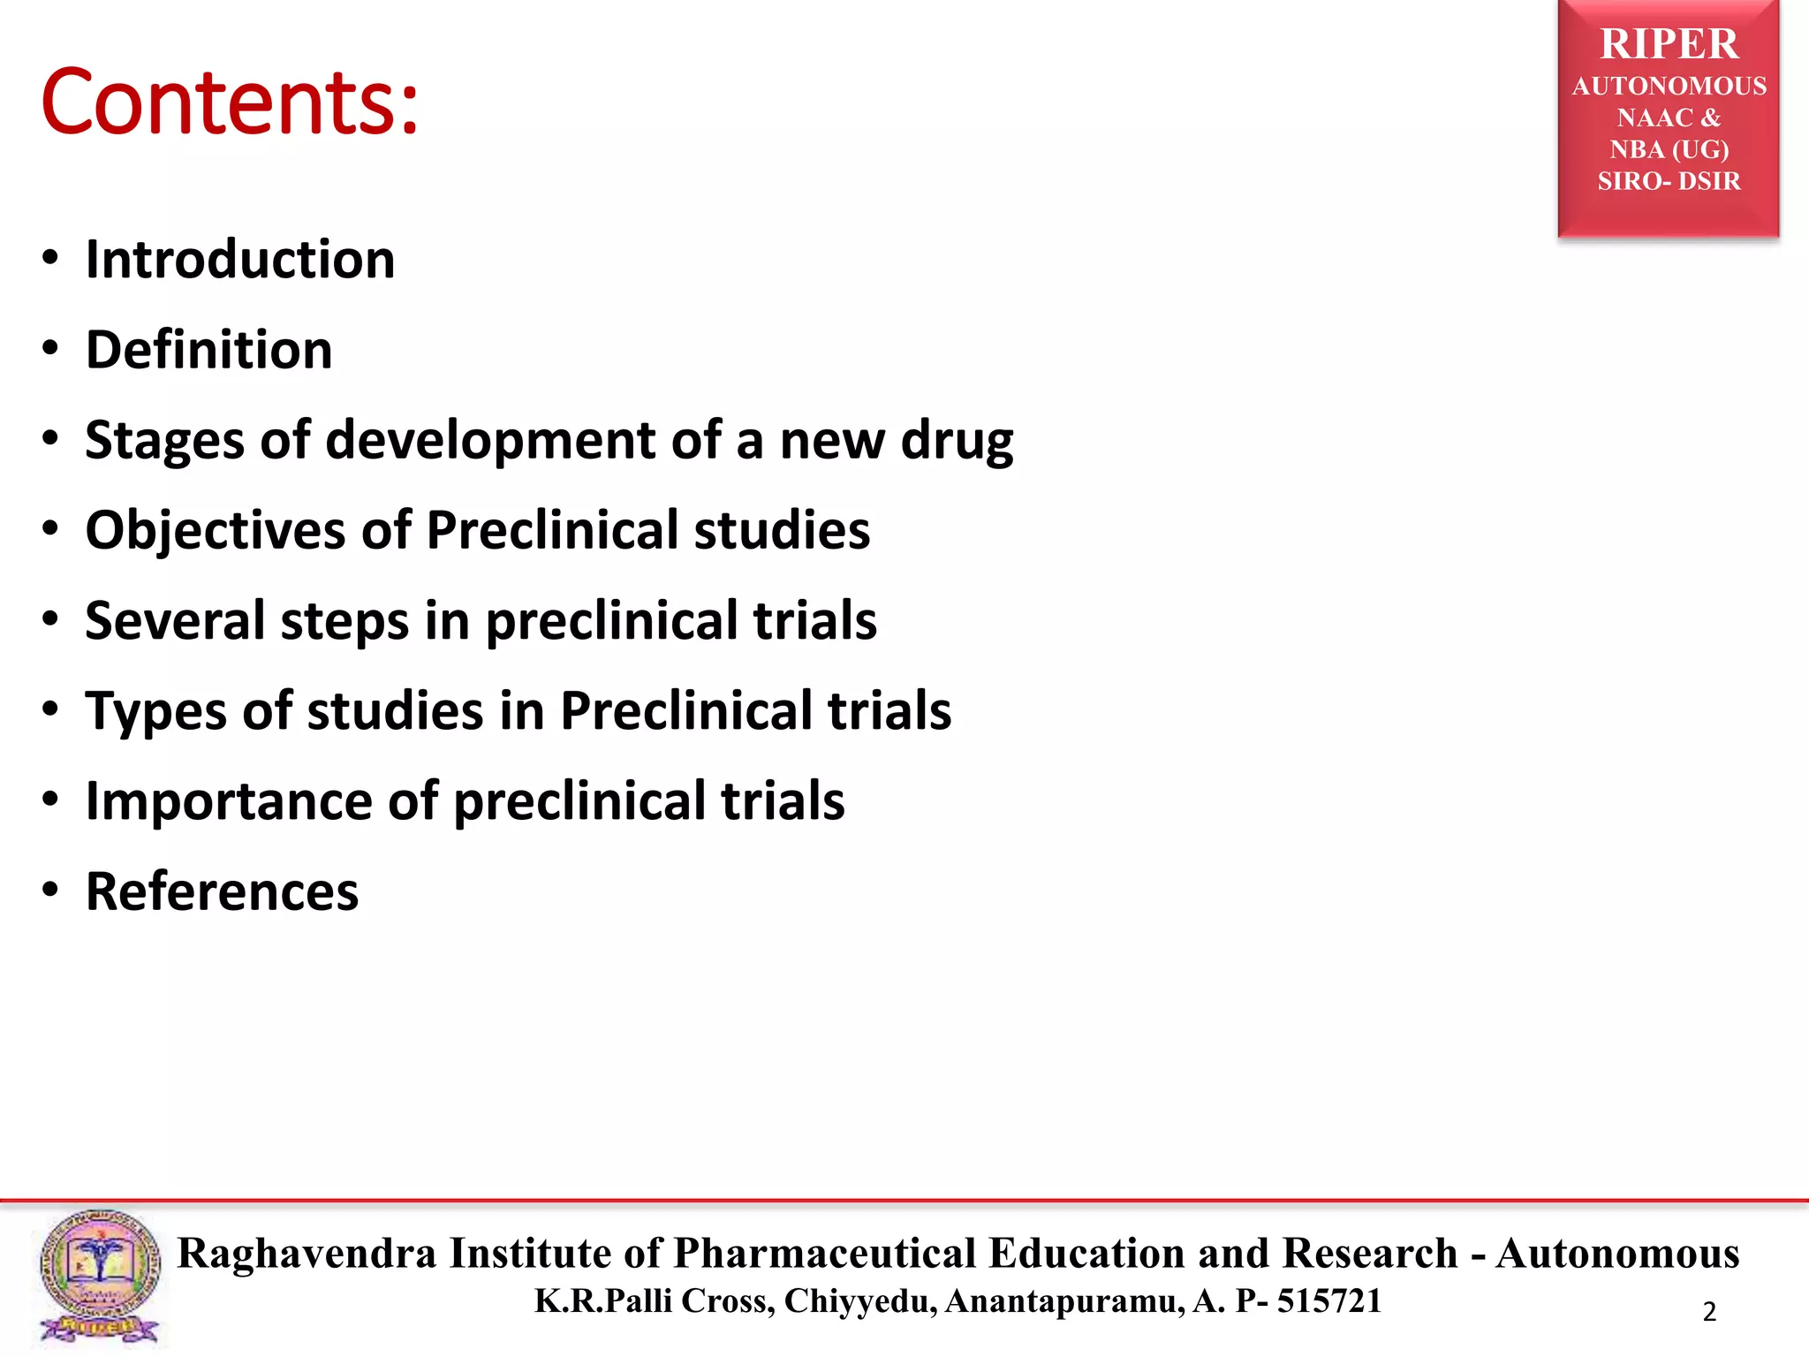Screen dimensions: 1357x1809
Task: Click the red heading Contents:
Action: click(230, 102)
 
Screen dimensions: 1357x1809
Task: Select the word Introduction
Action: click(239, 260)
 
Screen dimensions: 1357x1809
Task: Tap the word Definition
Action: click(208, 350)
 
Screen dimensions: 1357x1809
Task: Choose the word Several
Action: click(175, 620)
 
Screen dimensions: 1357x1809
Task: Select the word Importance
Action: click(228, 801)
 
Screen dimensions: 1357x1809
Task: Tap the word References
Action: click(222, 891)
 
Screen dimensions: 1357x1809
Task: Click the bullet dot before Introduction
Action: click(50, 259)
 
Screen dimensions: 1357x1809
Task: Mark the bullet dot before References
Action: click(50, 890)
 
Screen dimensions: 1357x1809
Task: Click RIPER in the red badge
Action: click(1669, 44)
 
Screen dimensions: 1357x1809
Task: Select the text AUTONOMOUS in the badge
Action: click(1669, 86)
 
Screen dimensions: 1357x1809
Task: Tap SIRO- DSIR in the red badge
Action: click(1669, 181)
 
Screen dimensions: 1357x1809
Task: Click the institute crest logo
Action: click(99, 1276)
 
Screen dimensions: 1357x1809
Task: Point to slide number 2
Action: click(1709, 1311)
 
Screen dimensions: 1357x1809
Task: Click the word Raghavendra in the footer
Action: click(307, 1253)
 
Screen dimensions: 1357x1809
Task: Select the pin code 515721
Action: click(1328, 1300)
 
